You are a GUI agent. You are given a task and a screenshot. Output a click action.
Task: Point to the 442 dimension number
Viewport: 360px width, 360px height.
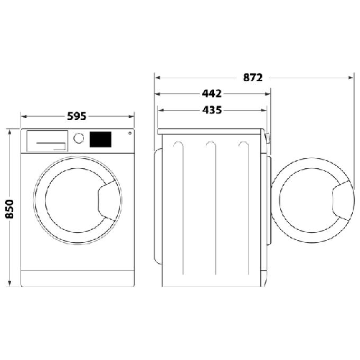[211, 93]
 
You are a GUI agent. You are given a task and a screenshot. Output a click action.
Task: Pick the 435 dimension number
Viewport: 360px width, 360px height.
[211, 110]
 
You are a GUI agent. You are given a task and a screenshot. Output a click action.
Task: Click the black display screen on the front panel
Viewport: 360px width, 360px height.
[101, 139]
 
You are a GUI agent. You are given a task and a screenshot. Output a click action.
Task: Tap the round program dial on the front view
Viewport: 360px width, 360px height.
[79, 138]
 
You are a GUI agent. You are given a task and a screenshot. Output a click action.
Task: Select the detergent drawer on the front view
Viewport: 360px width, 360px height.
[46, 140]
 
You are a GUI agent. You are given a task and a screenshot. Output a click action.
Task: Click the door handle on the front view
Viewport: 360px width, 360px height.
[106, 198]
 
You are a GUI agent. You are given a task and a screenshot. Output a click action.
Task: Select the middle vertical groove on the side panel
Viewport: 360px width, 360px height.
[209, 208]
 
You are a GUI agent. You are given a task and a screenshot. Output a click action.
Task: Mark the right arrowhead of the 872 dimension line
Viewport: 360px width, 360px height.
[350, 76]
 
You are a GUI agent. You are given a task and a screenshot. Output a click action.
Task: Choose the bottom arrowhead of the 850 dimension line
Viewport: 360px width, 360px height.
[9, 285]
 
